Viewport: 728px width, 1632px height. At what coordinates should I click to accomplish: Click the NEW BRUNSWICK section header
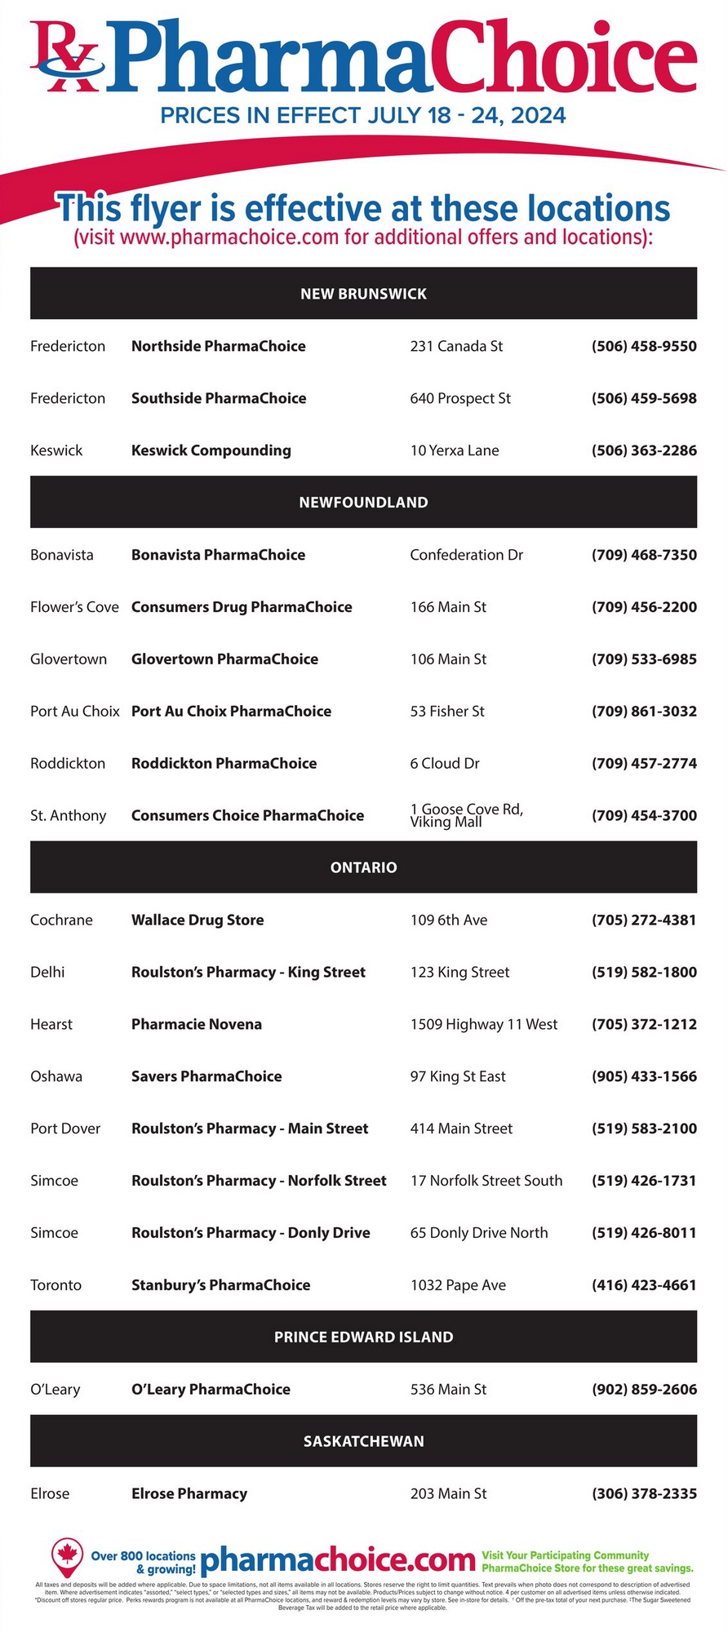pos(363,294)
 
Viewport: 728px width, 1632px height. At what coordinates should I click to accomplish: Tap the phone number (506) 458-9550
pos(644,346)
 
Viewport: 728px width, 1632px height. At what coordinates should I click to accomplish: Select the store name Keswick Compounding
pos(211,450)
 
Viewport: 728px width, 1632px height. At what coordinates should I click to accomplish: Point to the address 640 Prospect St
pos(460,398)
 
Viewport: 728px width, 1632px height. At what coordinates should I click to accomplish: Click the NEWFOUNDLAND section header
pos(363,503)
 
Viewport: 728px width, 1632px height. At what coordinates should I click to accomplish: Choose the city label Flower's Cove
pos(74,607)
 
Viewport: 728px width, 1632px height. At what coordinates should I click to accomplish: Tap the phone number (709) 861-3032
pos(644,712)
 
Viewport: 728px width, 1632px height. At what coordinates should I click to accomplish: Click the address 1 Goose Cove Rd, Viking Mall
pos(466,815)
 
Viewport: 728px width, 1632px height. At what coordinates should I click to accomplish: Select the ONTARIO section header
pos(363,867)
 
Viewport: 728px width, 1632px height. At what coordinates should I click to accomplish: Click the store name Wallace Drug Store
pos(198,920)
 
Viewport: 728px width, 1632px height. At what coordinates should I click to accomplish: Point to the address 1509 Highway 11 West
pos(484,1024)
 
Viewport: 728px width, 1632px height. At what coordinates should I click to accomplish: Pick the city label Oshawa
pos(56,1076)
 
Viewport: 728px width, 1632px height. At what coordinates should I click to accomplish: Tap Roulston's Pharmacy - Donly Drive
pos(251,1233)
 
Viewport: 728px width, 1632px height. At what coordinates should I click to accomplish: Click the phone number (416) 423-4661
pos(644,1285)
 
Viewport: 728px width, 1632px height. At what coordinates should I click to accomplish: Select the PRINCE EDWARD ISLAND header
pos(363,1337)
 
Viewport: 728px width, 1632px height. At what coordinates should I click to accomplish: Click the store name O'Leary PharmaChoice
pos(211,1390)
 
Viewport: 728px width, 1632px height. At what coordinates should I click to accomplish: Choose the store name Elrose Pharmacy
pos(189,1494)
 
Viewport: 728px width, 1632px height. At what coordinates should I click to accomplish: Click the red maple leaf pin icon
pos(68,1559)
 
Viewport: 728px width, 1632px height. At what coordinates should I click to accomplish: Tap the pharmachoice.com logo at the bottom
pos(337,1561)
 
